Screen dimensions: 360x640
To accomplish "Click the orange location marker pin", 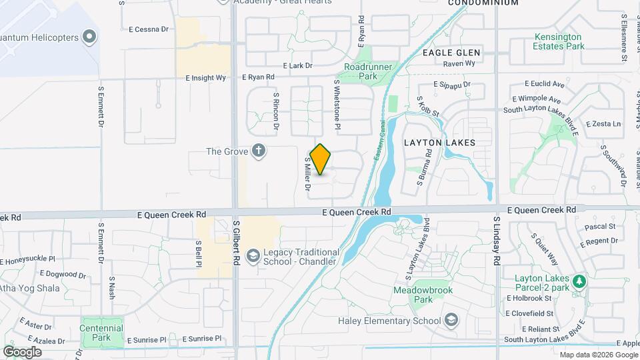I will tap(321, 159).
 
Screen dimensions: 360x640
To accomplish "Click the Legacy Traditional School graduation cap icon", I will tap(253, 255).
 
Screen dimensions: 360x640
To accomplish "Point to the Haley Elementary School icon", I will tap(451, 321).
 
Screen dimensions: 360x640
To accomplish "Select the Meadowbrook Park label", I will tap(413, 295).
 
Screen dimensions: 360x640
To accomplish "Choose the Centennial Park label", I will tap(101, 333).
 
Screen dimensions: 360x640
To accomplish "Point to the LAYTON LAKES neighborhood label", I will tap(439, 143).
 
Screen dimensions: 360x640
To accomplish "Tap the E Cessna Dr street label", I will tap(150, 29).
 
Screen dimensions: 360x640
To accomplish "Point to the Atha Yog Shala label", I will tap(29, 289).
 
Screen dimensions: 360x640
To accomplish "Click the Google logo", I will tap(22, 351).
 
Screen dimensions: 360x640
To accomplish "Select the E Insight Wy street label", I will tap(205, 78).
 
